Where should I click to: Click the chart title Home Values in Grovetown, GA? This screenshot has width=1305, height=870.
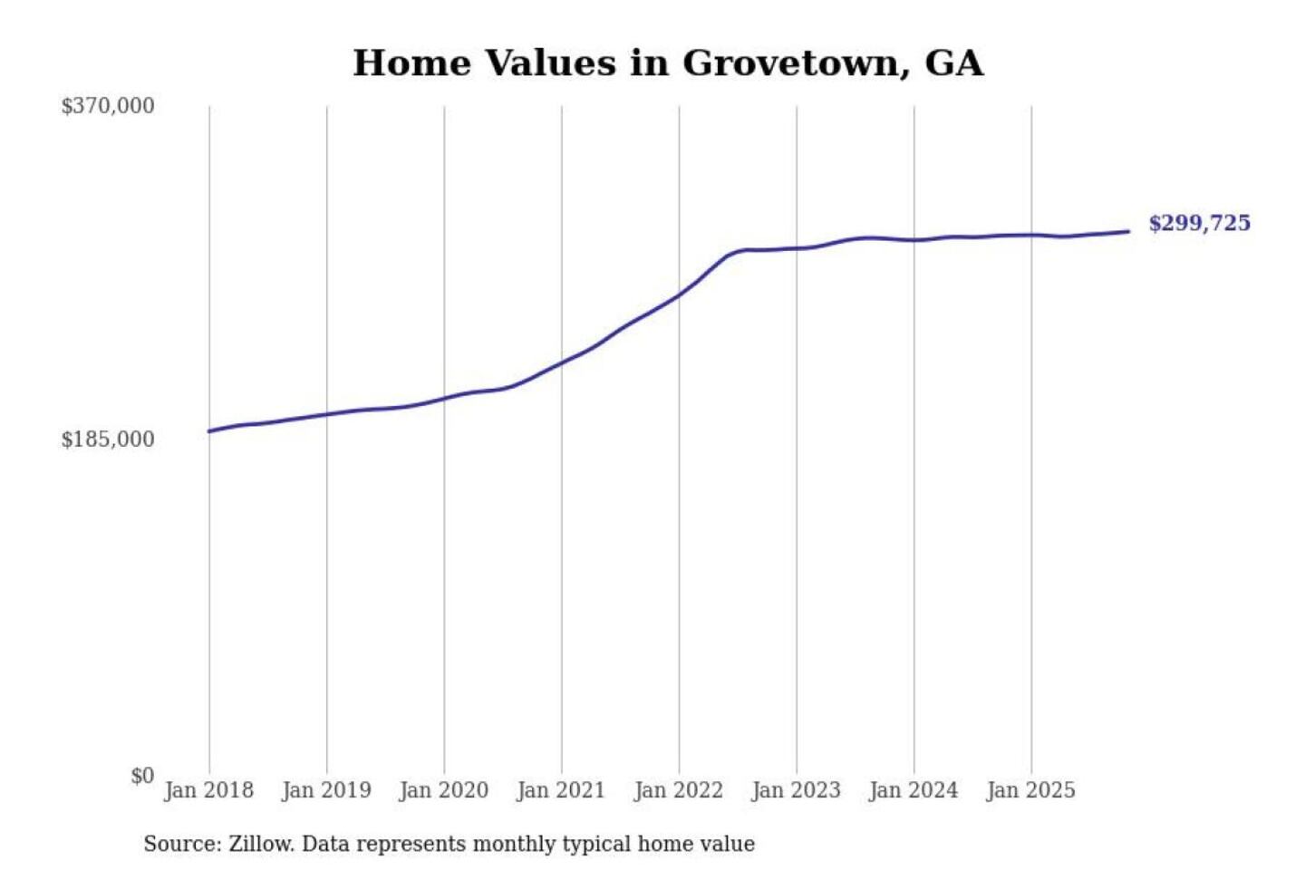(668, 63)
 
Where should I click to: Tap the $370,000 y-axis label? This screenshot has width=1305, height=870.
(108, 106)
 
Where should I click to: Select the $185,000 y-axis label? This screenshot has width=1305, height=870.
(108, 440)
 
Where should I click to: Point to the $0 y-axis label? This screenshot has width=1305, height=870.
(142, 776)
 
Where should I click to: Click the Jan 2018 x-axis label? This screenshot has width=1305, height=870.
(208, 790)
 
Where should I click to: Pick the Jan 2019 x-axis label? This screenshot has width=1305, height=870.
(326, 790)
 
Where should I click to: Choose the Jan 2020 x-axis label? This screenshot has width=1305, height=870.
(443, 790)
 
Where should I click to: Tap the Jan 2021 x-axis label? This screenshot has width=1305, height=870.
(561, 790)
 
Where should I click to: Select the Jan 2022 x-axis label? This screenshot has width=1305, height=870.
(679, 790)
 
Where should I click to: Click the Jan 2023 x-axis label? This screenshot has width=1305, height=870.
(796, 790)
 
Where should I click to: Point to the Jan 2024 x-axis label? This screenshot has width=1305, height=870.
(913, 790)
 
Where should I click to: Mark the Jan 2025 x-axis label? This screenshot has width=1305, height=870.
(1030, 790)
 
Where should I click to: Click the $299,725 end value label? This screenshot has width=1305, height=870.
(1199, 223)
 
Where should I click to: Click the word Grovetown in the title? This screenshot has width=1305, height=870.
(795, 63)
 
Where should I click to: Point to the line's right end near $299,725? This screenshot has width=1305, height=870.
(1128, 231)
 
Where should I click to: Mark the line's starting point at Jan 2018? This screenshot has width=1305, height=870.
(209, 430)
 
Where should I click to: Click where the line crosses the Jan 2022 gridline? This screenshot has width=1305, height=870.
(679, 295)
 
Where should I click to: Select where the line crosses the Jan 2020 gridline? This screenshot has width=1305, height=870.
(444, 398)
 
